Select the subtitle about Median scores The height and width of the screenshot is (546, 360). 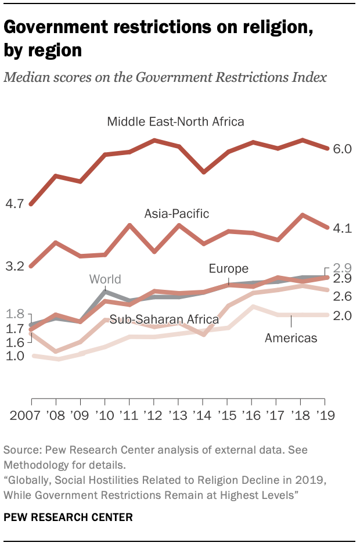[x=165, y=78]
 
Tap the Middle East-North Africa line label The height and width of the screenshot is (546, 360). [x=175, y=121]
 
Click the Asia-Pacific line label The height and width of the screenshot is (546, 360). [x=177, y=214]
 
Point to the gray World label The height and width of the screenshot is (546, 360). [x=105, y=279]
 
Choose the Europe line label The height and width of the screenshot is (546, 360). [x=229, y=268]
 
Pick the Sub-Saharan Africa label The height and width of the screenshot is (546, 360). [x=164, y=319]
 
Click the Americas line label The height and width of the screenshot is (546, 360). [x=291, y=337]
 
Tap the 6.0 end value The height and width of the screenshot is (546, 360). [x=343, y=149]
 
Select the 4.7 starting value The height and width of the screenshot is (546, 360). [x=14, y=203]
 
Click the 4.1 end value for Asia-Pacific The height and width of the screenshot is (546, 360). [x=343, y=229]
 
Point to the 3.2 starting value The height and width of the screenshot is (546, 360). [x=14, y=267]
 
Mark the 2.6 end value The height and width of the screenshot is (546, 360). [x=343, y=296]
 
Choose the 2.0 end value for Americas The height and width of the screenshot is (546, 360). [x=343, y=315]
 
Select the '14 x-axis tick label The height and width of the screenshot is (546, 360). [x=203, y=416]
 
